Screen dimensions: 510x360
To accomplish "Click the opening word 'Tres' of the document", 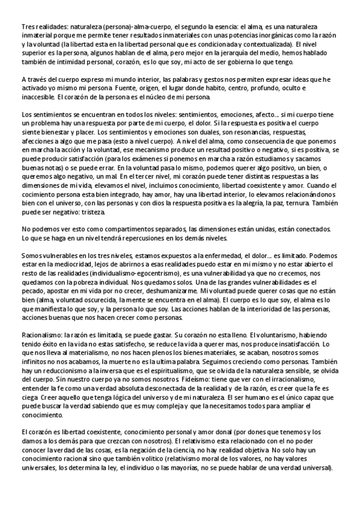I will [x=28, y=28].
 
